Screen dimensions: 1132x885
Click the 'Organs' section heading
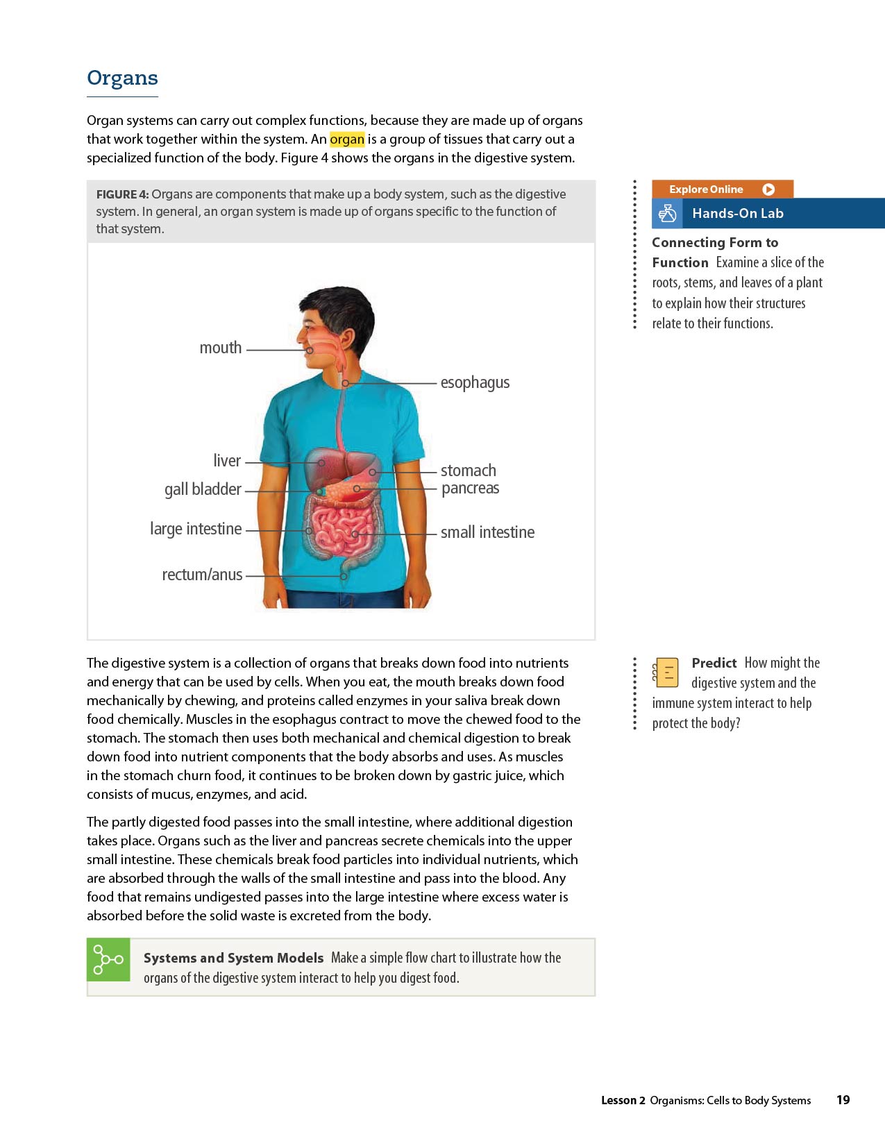122,78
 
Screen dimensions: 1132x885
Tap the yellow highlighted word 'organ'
347,139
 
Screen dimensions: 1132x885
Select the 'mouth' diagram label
220,348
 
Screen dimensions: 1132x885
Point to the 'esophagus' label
475,382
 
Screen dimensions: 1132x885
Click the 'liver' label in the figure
227,461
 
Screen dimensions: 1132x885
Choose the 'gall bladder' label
203,489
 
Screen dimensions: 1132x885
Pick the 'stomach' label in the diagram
468,471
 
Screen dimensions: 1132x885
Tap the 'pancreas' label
470,488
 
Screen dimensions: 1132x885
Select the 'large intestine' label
196,529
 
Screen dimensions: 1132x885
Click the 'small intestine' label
487,532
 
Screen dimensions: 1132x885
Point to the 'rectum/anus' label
202,575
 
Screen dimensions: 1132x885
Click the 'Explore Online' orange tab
706,189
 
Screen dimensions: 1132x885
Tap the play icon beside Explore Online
768,189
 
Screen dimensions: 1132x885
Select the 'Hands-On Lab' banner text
737,214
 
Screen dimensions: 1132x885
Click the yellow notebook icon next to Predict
666,672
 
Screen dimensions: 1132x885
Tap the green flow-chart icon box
108,959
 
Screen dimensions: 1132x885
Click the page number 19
843,1100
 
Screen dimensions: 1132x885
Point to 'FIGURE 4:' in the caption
122,194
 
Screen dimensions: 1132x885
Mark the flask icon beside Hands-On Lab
667,214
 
